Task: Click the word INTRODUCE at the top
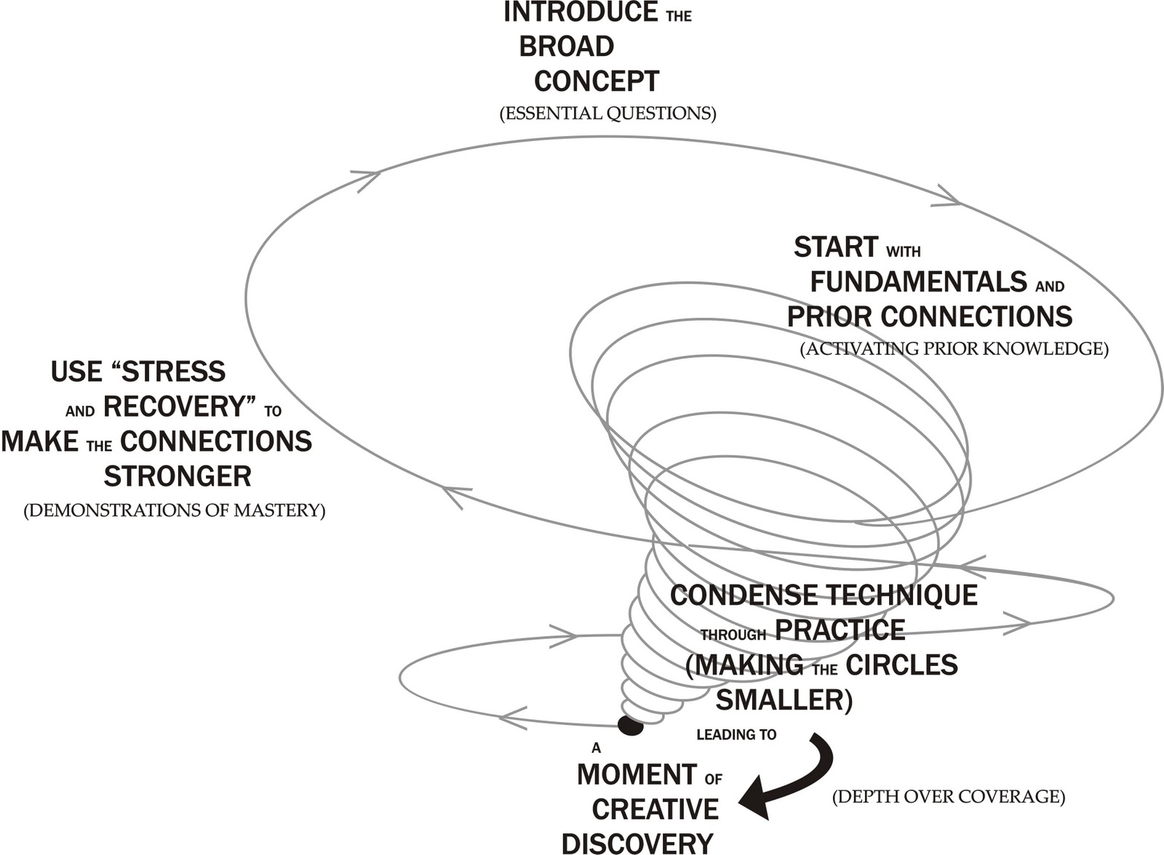[x=581, y=12]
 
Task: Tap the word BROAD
[x=567, y=47]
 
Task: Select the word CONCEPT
[x=597, y=81]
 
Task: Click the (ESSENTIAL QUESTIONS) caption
[x=608, y=113]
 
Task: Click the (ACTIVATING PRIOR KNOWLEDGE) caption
[x=954, y=348]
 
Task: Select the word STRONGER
[x=178, y=475]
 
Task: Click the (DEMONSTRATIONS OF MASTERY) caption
[x=175, y=510]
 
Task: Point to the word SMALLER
[x=784, y=699]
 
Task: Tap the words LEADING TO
[x=736, y=734]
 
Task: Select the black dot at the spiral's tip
[x=631, y=726]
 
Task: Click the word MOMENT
[x=637, y=774]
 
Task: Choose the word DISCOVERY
[x=637, y=843]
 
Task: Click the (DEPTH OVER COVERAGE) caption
[x=949, y=796]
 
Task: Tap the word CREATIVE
[x=655, y=809]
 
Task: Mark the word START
[x=836, y=246]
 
